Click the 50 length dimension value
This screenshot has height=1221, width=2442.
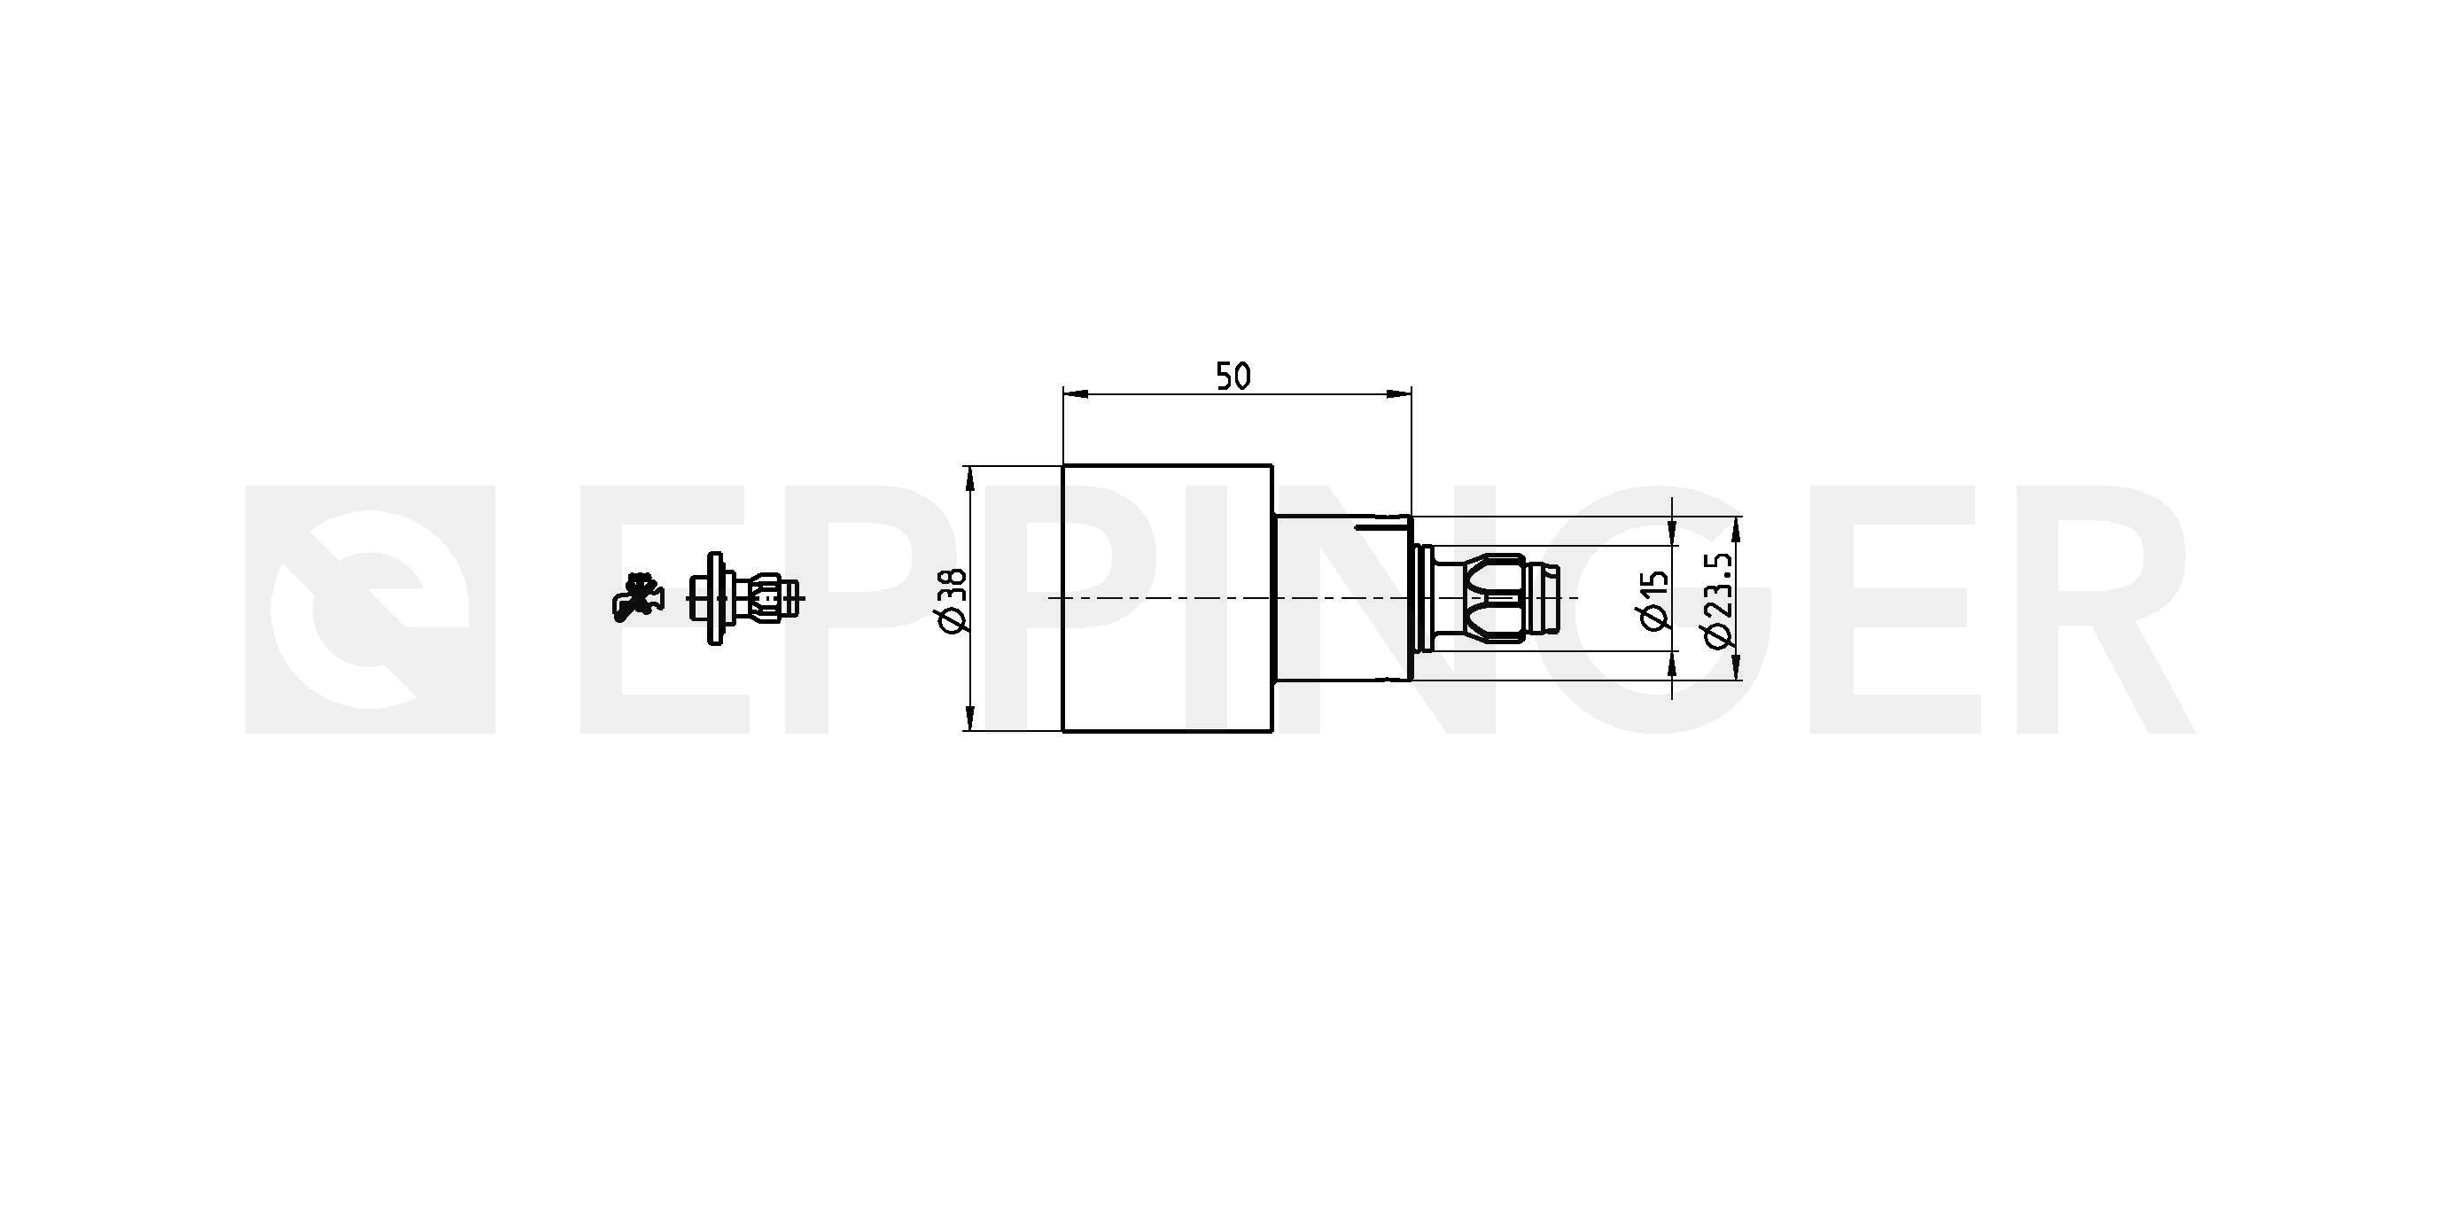[1233, 377]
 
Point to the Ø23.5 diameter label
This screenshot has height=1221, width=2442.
[1719, 599]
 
